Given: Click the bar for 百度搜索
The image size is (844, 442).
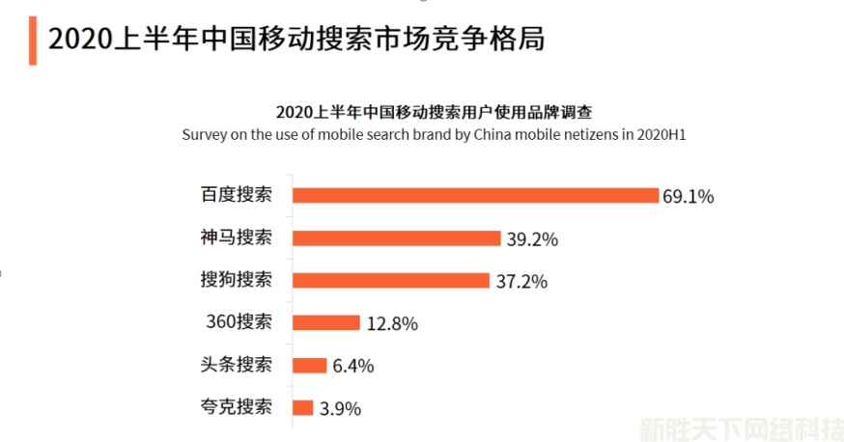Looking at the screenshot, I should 475,195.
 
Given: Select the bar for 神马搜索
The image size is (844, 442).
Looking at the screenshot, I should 396,237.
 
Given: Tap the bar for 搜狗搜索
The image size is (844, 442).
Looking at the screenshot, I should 391,280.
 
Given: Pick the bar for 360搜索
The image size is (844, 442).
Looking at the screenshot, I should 326,322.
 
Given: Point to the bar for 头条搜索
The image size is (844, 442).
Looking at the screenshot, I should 309,365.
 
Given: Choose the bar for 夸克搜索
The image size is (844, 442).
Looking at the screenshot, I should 303,407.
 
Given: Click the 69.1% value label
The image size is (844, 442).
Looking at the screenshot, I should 688,197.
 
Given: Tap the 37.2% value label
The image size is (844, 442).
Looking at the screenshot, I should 521,282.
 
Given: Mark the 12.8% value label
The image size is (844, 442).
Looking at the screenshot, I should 392,324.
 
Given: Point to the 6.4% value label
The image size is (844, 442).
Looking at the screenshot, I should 353,367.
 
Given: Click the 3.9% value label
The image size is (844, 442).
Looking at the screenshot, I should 340,409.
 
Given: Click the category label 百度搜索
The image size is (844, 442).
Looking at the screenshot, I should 237,195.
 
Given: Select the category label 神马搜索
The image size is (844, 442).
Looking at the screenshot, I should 237,237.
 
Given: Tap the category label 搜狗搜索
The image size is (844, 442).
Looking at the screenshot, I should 237,280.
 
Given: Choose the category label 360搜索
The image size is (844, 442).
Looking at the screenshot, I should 239,322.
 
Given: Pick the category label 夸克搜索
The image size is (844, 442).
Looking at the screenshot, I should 237,407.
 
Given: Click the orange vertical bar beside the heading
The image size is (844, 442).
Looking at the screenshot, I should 32,41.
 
